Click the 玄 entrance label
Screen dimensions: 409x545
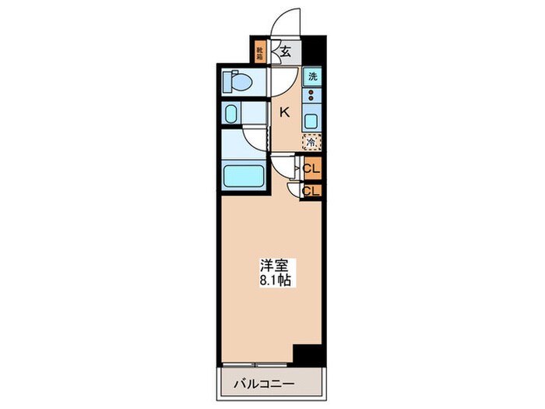[x=285, y=52]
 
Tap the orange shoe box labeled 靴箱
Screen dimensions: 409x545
[x=260, y=52]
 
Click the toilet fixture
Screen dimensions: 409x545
[x=237, y=81]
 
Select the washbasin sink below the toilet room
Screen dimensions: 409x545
[x=232, y=115]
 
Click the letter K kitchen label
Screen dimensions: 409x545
[x=285, y=112]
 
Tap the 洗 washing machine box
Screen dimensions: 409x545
[x=312, y=76]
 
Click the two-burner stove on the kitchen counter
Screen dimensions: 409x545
[x=311, y=97]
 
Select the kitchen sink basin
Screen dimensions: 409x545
[x=311, y=121]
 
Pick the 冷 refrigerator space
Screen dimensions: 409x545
[x=311, y=143]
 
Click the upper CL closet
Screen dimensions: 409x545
[x=311, y=168]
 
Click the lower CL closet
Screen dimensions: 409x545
[x=311, y=189]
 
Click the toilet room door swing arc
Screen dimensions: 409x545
[x=282, y=78]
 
